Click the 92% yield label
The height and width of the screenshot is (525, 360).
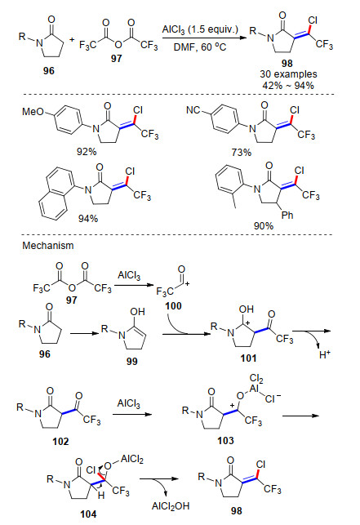87,152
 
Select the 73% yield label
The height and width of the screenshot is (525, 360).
241,153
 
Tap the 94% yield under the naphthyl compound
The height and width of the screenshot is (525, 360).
88,219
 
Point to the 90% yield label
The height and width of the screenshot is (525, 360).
264,226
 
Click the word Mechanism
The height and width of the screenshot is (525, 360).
48,246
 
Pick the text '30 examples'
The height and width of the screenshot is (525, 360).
288,74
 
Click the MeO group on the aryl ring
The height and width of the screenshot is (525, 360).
33,111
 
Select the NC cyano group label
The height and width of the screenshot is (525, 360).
193,110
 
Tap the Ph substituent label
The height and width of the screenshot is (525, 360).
287,215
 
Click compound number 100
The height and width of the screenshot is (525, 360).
173,305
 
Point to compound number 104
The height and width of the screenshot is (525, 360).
88,514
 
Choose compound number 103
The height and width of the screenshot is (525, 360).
225,440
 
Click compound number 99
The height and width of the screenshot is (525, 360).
132,361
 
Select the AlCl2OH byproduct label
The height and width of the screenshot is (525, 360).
171,506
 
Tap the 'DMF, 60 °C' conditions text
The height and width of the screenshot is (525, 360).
200,47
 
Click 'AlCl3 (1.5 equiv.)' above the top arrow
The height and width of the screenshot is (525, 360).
200,29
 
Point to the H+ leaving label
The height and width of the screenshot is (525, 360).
325,354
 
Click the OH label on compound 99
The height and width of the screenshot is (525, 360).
137,312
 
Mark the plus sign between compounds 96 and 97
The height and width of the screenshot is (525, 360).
72,40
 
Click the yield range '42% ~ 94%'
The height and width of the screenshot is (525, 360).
288,86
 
